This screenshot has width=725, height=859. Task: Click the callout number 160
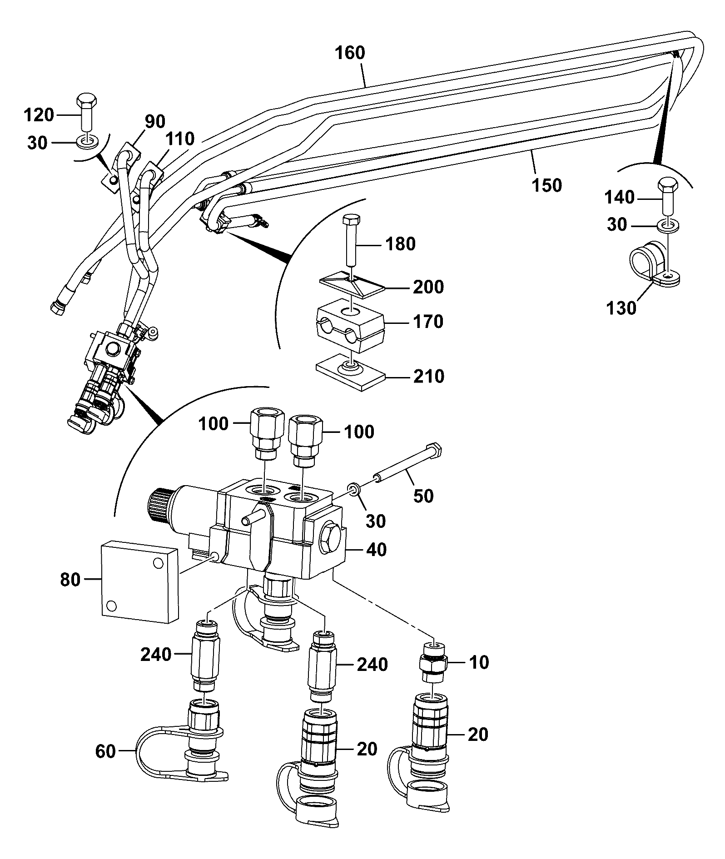point(350,53)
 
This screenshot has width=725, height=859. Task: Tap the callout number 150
point(546,185)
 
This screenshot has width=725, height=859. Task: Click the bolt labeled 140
point(668,198)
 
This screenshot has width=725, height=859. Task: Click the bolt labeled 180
point(350,241)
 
